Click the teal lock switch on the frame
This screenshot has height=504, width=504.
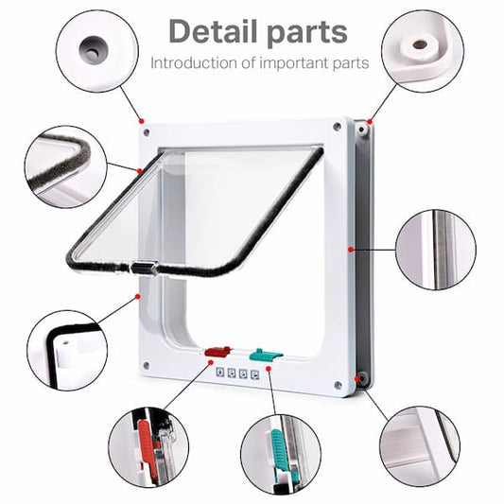265,356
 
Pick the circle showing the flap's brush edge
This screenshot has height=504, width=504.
63,167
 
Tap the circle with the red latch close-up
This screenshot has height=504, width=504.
148,446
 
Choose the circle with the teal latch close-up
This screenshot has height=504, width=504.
280,452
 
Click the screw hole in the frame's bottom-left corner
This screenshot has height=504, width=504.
146,366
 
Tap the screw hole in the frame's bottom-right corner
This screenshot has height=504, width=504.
337,385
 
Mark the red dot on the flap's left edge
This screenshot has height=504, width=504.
140,171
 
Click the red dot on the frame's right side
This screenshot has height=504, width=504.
351,250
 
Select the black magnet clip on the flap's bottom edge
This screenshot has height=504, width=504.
144,268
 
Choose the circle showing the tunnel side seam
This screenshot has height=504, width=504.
436,249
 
